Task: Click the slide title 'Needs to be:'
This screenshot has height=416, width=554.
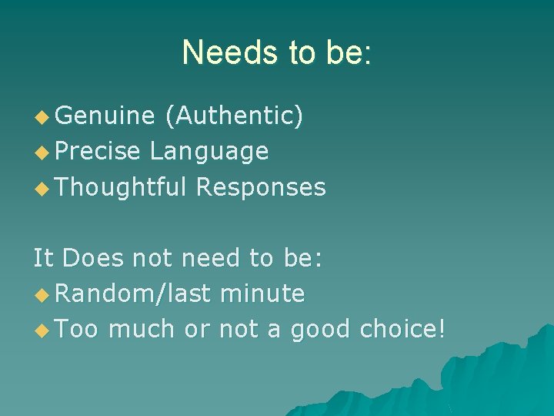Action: (277, 52)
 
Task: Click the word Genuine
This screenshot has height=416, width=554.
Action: (105, 116)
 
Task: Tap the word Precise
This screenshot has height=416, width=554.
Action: (98, 151)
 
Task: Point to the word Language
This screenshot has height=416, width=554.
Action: (209, 151)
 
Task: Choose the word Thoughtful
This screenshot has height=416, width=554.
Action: (122, 186)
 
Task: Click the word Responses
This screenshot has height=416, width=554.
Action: (261, 186)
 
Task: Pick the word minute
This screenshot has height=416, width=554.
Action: (262, 293)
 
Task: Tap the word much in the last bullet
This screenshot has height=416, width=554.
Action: (142, 328)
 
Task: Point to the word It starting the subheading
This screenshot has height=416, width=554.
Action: (43, 257)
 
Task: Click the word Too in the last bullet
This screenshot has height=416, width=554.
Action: (77, 328)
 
